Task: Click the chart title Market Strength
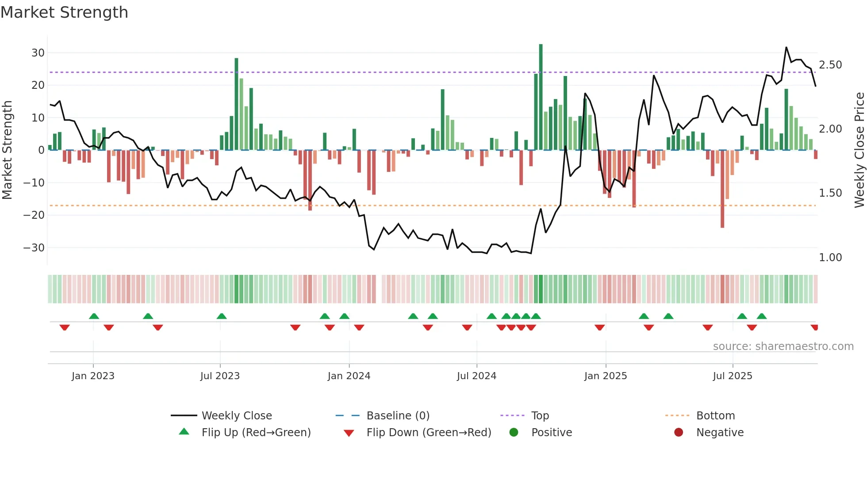[65, 12]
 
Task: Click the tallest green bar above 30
[541, 97]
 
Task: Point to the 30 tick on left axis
[38, 53]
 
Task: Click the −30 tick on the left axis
[35, 248]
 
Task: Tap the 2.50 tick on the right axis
[830, 65]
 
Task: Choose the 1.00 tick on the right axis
[830, 258]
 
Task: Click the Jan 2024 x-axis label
[349, 376]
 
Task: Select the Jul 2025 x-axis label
[733, 376]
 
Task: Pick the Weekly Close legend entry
[237, 416]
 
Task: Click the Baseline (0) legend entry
[398, 416]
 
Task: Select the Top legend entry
[540, 416]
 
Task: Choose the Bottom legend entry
[715, 416]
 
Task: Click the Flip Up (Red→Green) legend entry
[256, 433]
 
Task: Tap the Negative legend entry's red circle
[679, 432]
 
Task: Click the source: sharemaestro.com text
[783, 346]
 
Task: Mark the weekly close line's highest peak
[786, 47]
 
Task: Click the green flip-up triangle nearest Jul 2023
[222, 316]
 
